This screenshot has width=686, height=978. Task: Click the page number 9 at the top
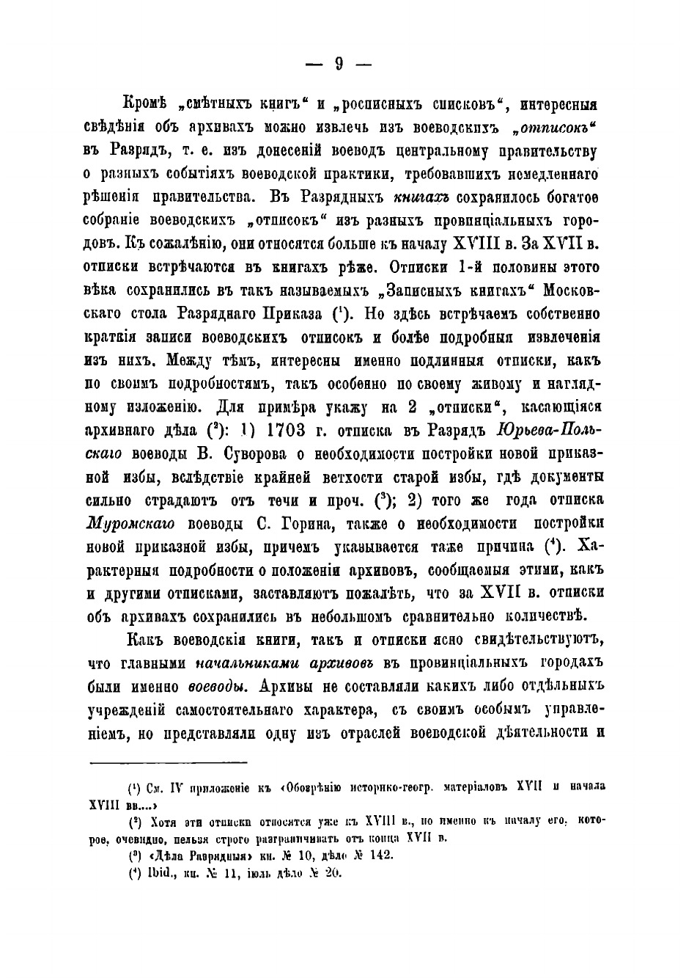[x=339, y=64]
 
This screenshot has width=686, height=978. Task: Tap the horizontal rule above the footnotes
[x=169, y=763]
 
